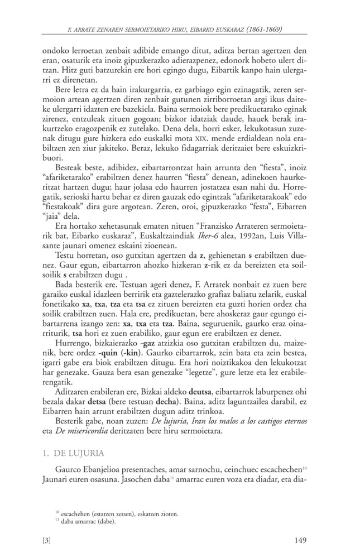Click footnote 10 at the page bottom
[117, 513]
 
